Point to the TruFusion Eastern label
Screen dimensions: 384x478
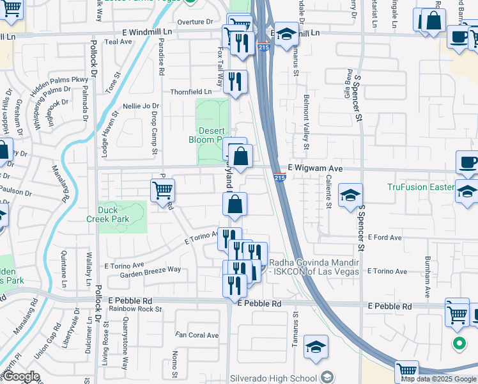pos(420,187)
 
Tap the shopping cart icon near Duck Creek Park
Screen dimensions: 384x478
pos(162,190)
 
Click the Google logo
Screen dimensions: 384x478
pos(22,376)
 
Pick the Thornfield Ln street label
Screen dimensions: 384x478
pos(190,92)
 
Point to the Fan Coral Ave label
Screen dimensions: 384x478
pos(197,335)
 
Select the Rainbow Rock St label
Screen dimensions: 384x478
pos(135,308)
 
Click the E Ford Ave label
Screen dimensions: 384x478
pos(386,237)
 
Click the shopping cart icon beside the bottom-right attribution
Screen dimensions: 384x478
pos(407,370)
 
